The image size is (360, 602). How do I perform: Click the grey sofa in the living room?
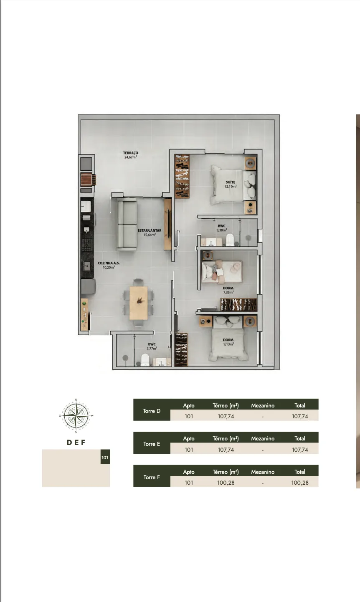tap(127, 224)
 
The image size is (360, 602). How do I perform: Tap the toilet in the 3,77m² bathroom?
tap(145, 360)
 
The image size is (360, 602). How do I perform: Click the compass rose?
tap(76, 416)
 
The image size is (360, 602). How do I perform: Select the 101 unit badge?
tap(105, 458)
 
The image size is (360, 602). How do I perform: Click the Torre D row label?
tap(152, 411)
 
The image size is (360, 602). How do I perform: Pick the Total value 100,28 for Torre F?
tap(299, 483)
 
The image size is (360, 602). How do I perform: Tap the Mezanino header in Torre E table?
tap(263, 438)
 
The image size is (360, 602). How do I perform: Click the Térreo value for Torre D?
tap(226, 416)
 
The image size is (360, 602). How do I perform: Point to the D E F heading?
tap(76, 443)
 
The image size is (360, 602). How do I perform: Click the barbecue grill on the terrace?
tap(87, 180)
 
